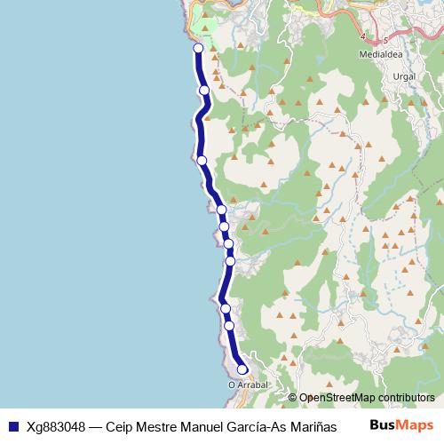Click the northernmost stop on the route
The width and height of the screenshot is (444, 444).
(198, 49)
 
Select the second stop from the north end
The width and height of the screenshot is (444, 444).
(204, 90)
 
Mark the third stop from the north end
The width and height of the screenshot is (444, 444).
(202, 160)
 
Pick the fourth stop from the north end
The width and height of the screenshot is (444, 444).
(221, 210)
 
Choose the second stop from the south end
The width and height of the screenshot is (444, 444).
(229, 325)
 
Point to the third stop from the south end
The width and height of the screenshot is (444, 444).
(226, 308)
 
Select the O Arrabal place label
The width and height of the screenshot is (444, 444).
(248, 385)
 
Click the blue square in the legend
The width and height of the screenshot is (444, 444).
(13, 424)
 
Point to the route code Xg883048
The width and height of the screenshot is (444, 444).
(56, 424)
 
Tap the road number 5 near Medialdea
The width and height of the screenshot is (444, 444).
(386, 40)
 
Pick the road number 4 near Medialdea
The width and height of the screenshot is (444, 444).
(364, 36)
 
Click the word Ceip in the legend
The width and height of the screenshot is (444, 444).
(120, 424)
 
